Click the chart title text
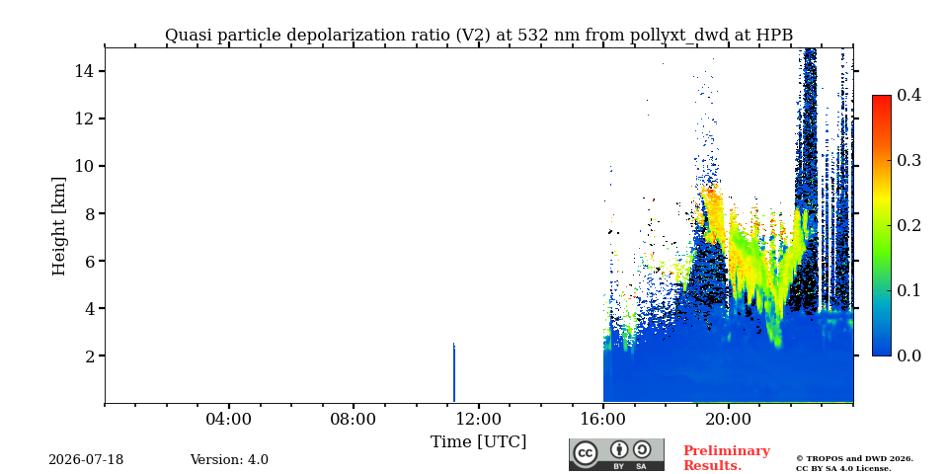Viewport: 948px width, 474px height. tap(479, 36)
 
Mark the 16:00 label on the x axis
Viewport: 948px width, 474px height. tap(603, 419)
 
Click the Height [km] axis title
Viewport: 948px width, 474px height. tap(58, 226)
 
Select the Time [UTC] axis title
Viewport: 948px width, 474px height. tap(478, 442)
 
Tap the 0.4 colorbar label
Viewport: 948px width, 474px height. tap(908, 95)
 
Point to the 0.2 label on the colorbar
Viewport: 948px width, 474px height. tap(908, 225)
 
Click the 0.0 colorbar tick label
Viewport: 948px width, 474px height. tap(908, 355)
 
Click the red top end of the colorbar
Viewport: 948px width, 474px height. tap(882, 97)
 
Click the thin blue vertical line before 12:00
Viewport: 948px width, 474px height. tap(454, 372)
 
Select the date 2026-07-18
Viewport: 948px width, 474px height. tap(86, 460)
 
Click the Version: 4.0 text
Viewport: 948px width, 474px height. tap(229, 460)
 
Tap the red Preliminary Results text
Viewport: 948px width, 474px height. tap(727, 458)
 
